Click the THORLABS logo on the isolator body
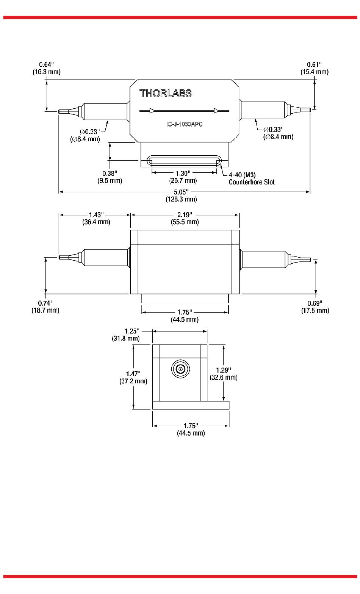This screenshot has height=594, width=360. (165, 93)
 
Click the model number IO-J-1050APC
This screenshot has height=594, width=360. (185, 124)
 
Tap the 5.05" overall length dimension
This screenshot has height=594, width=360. (182, 195)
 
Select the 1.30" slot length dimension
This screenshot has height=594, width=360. (183, 177)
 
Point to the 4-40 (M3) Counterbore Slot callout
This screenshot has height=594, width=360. (252, 178)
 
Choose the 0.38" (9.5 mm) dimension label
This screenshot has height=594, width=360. (110, 177)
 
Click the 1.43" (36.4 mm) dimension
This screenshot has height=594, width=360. (96, 218)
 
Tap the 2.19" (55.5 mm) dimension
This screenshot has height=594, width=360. (185, 218)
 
